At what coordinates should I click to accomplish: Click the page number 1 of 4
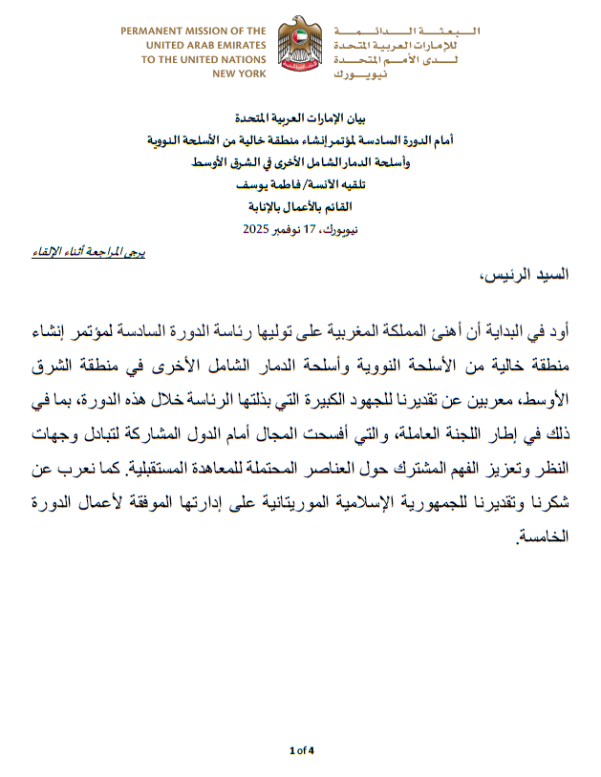[x=301, y=749]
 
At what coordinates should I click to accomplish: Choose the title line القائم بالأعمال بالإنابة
[x=300, y=206]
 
